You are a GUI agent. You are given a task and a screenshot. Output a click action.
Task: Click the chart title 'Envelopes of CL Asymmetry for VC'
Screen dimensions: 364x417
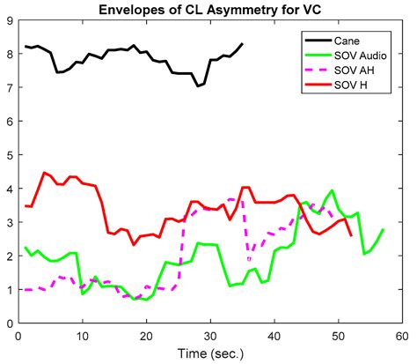208,9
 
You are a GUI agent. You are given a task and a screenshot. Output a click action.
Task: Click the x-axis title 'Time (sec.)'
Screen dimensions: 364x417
209,353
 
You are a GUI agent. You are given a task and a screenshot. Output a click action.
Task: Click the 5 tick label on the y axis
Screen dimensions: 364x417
10,155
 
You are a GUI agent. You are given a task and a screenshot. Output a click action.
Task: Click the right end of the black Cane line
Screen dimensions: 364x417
243,43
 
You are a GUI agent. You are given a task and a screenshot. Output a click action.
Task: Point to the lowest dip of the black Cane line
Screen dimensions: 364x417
198,86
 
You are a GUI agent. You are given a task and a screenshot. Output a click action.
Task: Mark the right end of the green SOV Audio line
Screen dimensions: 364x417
384,229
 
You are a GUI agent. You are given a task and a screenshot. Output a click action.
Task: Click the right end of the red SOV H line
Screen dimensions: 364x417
351,235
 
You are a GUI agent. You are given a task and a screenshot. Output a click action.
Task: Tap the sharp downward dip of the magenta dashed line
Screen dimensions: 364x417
250,259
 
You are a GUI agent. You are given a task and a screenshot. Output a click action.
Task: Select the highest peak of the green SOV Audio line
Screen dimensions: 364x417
332,190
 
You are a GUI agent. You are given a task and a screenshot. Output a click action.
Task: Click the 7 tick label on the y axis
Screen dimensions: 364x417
10,88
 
